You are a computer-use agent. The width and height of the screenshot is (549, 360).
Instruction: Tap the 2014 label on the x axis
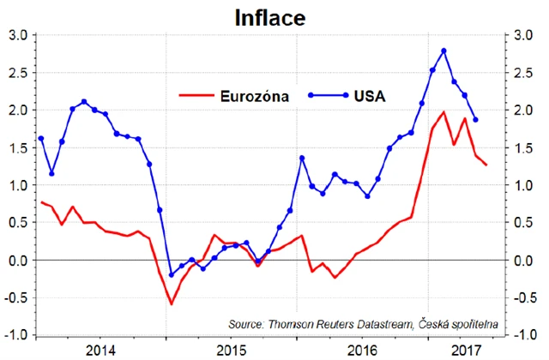coord(101,350)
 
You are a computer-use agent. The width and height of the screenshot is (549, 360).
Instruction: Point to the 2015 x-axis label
coord(231,350)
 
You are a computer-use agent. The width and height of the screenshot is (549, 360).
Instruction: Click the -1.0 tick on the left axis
coord(17,334)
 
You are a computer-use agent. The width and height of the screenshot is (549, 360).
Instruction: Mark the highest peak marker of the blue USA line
coord(443,51)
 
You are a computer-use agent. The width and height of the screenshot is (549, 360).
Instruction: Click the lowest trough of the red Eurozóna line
coord(171,303)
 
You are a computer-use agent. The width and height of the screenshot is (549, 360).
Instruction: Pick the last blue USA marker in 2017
coord(476,120)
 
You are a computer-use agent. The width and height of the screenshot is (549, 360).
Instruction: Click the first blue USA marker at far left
coord(40,138)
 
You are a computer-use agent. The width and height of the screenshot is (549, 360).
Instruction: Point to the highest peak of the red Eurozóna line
coord(443,112)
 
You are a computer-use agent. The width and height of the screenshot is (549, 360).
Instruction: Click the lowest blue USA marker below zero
coord(171,275)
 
